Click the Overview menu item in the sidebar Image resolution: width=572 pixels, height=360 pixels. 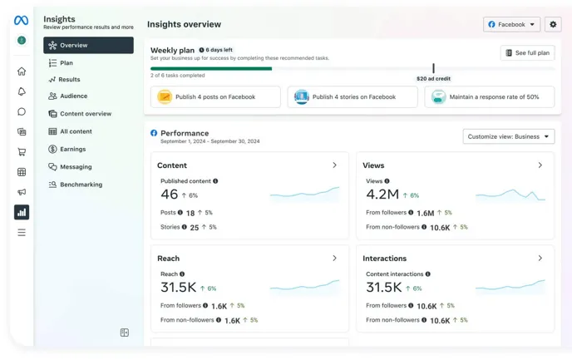click(x=88, y=46)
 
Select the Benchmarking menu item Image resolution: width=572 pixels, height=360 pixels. click(x=81, y=185)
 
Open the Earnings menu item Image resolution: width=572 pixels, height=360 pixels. click(x=72, y=150)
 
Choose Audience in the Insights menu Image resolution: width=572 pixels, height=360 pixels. click(x=73, y=96)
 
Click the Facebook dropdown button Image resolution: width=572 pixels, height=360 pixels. click(x=511, y=25)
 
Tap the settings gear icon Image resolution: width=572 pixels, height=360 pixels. click(x=553, y=25)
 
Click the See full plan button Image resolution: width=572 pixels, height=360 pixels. click(x=528, y=53)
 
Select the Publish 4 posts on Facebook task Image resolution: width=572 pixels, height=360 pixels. click(x=215, y=97)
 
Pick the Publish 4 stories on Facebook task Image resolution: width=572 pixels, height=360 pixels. click(x=353, y=97)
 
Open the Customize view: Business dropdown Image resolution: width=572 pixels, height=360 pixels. click(x=508, y=136)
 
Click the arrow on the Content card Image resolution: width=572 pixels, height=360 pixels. click(x=335, y=165)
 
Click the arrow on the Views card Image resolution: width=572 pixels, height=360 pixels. click(x=540, y=165)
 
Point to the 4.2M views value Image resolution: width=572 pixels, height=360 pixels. click(x=382, y=195)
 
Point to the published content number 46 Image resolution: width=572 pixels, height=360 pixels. click(x=170, y=195)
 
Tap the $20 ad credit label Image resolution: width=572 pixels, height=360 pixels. click(x=433, y=79)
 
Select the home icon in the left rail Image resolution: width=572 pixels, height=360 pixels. click(x=22, y=72)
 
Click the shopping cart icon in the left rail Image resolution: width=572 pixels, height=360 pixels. click(x=22, y=152)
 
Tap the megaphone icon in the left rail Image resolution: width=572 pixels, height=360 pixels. click(x=22, y=192)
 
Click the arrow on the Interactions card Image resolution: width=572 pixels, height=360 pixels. click(x=540, y=259)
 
